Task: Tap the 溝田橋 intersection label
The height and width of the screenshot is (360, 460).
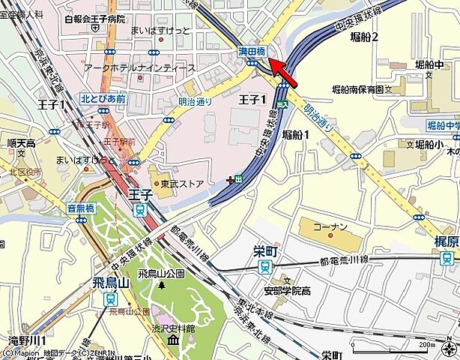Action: tap(252, 52)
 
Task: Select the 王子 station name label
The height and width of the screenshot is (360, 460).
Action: tap(139, 194)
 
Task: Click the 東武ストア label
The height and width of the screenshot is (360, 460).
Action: tap(182, 183)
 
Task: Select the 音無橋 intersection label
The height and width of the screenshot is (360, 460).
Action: tap(80, 209)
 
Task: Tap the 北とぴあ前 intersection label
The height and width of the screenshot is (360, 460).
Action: tap(103, 98)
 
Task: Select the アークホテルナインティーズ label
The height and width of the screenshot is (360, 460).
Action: tap(139, 68)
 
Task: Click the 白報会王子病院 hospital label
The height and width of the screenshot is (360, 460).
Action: tap(95, 19)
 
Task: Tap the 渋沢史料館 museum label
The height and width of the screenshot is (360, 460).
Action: tap(172, 328)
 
